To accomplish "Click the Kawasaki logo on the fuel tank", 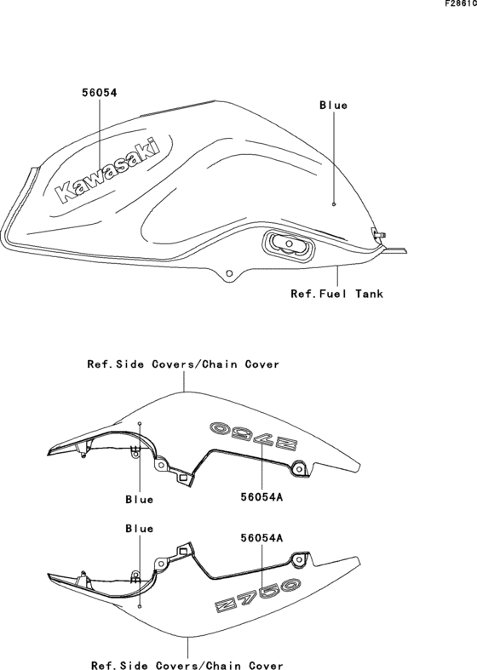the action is (107, 169).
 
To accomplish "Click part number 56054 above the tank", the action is (99, 92).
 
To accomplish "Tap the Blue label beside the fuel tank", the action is (333, 105).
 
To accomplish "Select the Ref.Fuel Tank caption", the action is (336, 294).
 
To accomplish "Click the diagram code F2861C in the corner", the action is (460, 4).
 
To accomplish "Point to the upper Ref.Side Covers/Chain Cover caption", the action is (183, 364).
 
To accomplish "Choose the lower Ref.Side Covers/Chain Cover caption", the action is (187, 665).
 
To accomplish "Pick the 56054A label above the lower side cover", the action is (261, 538).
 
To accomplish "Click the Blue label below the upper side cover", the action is (140, 499).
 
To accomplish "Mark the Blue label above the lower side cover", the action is (140, 529).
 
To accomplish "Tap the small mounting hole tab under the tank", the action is (229, 273).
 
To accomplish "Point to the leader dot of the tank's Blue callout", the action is (334, 203).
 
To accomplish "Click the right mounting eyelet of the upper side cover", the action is (299, 470).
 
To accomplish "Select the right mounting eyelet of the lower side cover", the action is (299, 559).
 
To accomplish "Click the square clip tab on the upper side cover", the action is (183, 478).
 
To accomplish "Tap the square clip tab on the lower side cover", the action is (183, 550).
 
